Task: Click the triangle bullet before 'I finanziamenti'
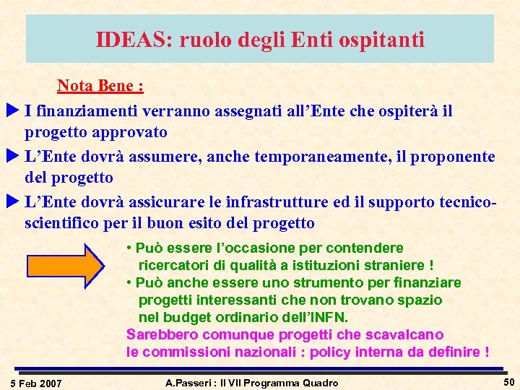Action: (x=12, y=112)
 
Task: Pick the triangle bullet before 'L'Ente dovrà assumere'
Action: (x=12, y=157)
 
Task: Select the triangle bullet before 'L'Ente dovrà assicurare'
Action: (x=12, y=202)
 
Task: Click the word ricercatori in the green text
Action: (x=173, y=264)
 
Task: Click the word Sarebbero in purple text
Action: (x=162, y=334)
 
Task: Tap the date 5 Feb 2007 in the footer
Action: (x=37, y=382)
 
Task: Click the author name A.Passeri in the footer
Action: (x=191, y=382)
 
